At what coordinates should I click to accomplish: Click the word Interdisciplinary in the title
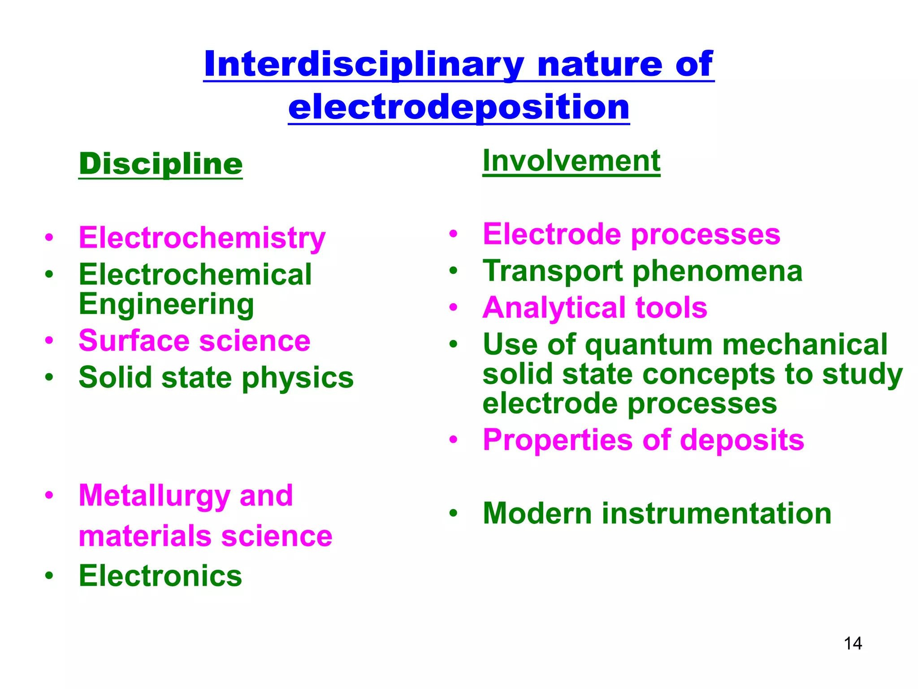[x=364, y=65]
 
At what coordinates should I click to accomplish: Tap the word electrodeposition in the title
[x=459, y=108]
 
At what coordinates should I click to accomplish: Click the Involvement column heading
[x=571, y=161]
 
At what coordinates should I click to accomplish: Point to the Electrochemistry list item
[x=202, y=238]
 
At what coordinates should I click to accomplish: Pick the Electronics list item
[x=160, y=576]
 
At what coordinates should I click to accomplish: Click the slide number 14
[x=853, y=644]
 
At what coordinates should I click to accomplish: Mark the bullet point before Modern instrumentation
[x=454, y=513]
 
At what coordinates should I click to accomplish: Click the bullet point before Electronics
[x=49, y=575]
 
